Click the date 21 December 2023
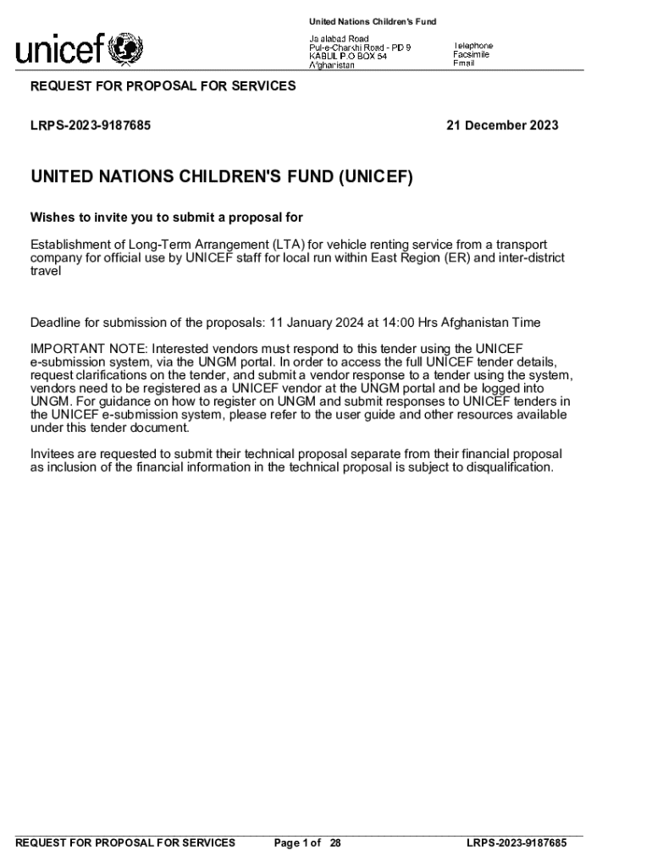coord(502,125)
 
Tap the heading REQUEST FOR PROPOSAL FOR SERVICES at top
coord(163,86)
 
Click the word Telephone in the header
coord(473,46)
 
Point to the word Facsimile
coord(471,54)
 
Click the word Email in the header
coord(464,64)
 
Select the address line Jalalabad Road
coord(338,39)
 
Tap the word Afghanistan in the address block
coord(331,66)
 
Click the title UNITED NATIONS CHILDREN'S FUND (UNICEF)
coord(222,177)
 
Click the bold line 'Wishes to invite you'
coord(167,217)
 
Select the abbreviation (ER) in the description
coord(453,258)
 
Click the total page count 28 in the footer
coord(335,843)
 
